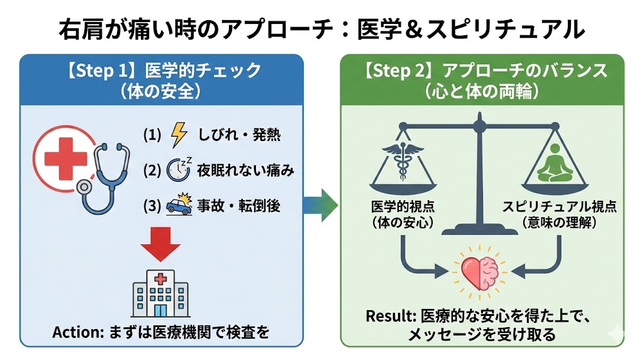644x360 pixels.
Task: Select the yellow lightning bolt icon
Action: coord(179,135)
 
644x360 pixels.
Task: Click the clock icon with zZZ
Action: coord(179,171)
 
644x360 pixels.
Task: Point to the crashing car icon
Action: coord(179,206)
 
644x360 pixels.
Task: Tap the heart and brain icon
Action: coord(480,271)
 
